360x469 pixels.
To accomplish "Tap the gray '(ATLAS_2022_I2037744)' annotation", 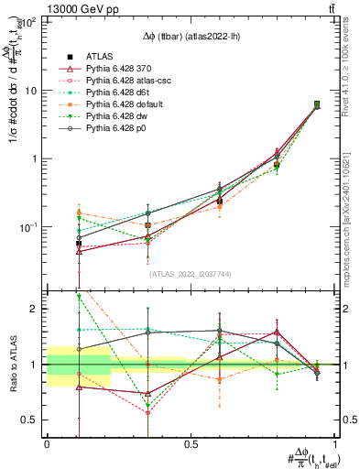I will tap(190, 274).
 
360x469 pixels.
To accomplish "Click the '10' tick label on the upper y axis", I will tap(30, 91).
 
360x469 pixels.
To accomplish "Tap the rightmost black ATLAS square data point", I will tap(317, 104).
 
